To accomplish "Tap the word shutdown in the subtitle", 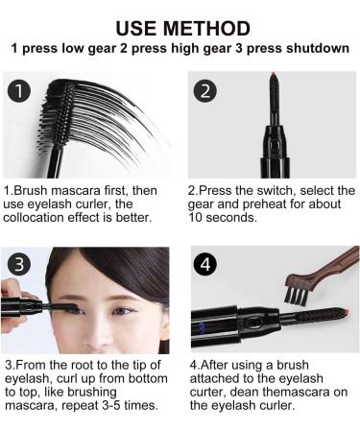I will coord(316,48).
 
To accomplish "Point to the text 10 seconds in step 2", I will coord(224,218).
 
